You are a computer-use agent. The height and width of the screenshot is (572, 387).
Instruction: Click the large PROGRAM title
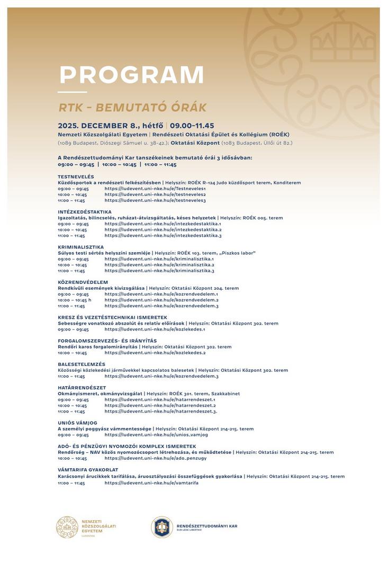tap(131, 75)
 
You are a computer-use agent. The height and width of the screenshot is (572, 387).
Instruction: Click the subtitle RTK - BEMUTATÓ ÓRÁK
tap(132, 108)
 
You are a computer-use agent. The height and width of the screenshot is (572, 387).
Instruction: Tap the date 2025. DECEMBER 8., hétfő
tap(110, 126)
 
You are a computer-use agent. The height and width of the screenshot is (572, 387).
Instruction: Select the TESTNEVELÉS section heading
tap(76, 176)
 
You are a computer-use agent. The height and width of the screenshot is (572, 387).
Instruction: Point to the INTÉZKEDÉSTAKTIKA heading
tap(85, 212)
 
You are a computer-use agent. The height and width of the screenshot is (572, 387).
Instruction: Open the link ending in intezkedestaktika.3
tap(163, 236)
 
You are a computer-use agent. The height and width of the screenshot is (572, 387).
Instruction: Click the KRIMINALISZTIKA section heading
tap(80, 247)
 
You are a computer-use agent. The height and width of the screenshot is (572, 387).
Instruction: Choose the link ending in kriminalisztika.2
tap(159, 265)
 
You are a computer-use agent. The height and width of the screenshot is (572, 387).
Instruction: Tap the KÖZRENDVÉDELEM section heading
tap(83, 282)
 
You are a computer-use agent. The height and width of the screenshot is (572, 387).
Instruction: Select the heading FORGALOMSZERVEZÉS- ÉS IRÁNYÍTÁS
tap(107, 341)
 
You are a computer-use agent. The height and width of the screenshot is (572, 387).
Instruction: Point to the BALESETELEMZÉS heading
tap(82, 364)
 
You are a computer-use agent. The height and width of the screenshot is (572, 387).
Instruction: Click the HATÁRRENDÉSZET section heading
tap(82, 388)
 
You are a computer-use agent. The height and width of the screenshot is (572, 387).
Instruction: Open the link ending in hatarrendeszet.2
tap(160, 406)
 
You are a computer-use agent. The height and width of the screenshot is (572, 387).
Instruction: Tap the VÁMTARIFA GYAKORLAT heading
tap(88, 470)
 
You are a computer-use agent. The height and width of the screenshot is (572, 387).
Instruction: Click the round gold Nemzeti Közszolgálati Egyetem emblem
tap(67, 528)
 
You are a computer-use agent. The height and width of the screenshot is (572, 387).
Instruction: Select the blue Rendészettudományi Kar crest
tap(162, 528)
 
